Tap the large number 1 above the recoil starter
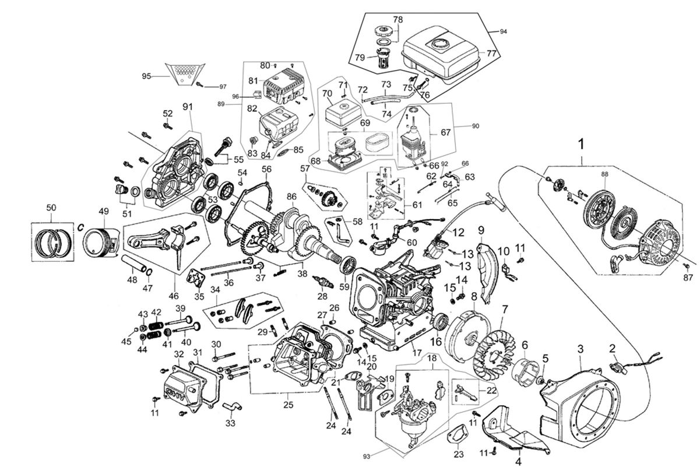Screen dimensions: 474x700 click(x=581, y=143)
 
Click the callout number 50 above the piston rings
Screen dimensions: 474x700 click(x=51, y=208)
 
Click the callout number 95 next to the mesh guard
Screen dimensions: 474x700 click(x=147, y=76)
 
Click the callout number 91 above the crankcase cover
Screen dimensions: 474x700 click(x=188, y=107)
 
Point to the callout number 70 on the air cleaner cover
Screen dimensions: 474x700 click(x=326, y=93)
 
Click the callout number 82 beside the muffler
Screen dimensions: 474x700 click(x=252, y=109)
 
